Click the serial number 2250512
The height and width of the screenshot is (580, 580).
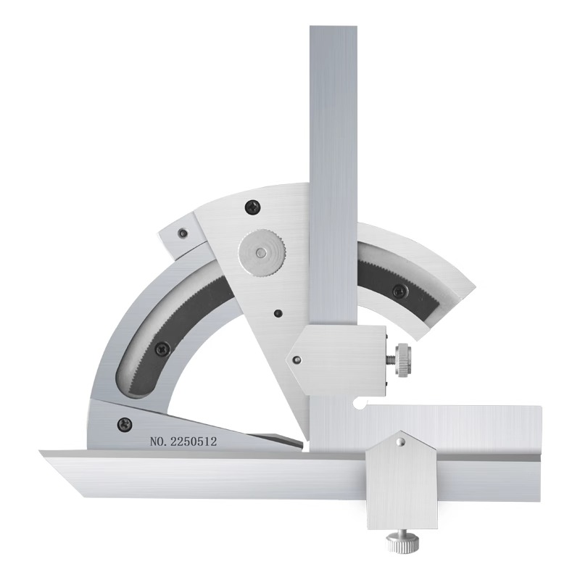pos(193,442)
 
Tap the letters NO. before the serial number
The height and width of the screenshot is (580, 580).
pos(158,442)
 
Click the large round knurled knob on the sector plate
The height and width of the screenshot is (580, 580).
pos(262,253)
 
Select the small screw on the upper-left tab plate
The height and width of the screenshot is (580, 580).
pos(182,233)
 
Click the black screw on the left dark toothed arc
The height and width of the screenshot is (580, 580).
pos(162,349)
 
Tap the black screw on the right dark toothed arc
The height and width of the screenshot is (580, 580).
pos(399,290)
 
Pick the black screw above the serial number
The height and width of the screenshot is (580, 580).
pos(124,424)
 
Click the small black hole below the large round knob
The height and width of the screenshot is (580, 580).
pos(277,313)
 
